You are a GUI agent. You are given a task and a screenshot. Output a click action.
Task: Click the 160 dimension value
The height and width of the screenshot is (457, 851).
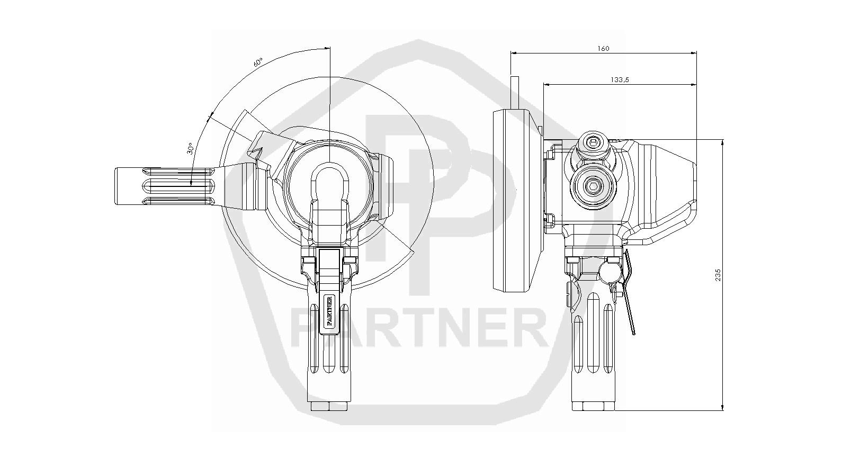pyautogui.click(x=603, y=48)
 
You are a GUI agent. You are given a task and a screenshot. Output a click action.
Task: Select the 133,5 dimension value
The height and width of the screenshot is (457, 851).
pyautogui.click(x=620, y=80)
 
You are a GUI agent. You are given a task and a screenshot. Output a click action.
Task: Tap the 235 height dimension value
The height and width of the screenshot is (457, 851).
pyautogui.click(x=718, y=275)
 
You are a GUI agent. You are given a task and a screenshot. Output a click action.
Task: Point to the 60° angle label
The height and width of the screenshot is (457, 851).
pyautogui.click(x=258, y=62)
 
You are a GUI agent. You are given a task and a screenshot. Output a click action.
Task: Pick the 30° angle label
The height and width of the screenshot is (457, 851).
pyautogui.click(x=191, y=148)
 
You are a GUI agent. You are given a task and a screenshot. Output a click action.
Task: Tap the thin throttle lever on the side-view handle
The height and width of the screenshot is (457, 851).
pyautogui.click(x=629, y=292)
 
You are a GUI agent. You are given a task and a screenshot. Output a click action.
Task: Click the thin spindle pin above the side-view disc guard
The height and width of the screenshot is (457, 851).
pyautogui.click(x=515, y=93)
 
